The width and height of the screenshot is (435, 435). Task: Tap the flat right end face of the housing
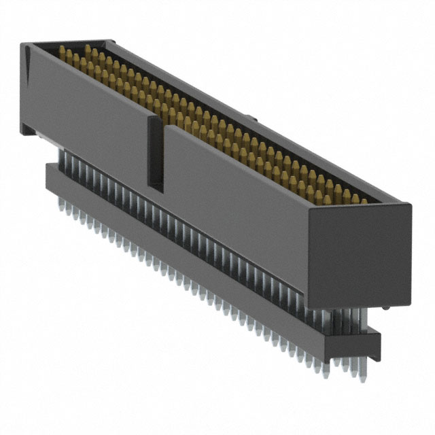360,255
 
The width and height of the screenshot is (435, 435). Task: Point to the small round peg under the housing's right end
385,309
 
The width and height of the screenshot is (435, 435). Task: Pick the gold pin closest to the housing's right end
363,201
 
